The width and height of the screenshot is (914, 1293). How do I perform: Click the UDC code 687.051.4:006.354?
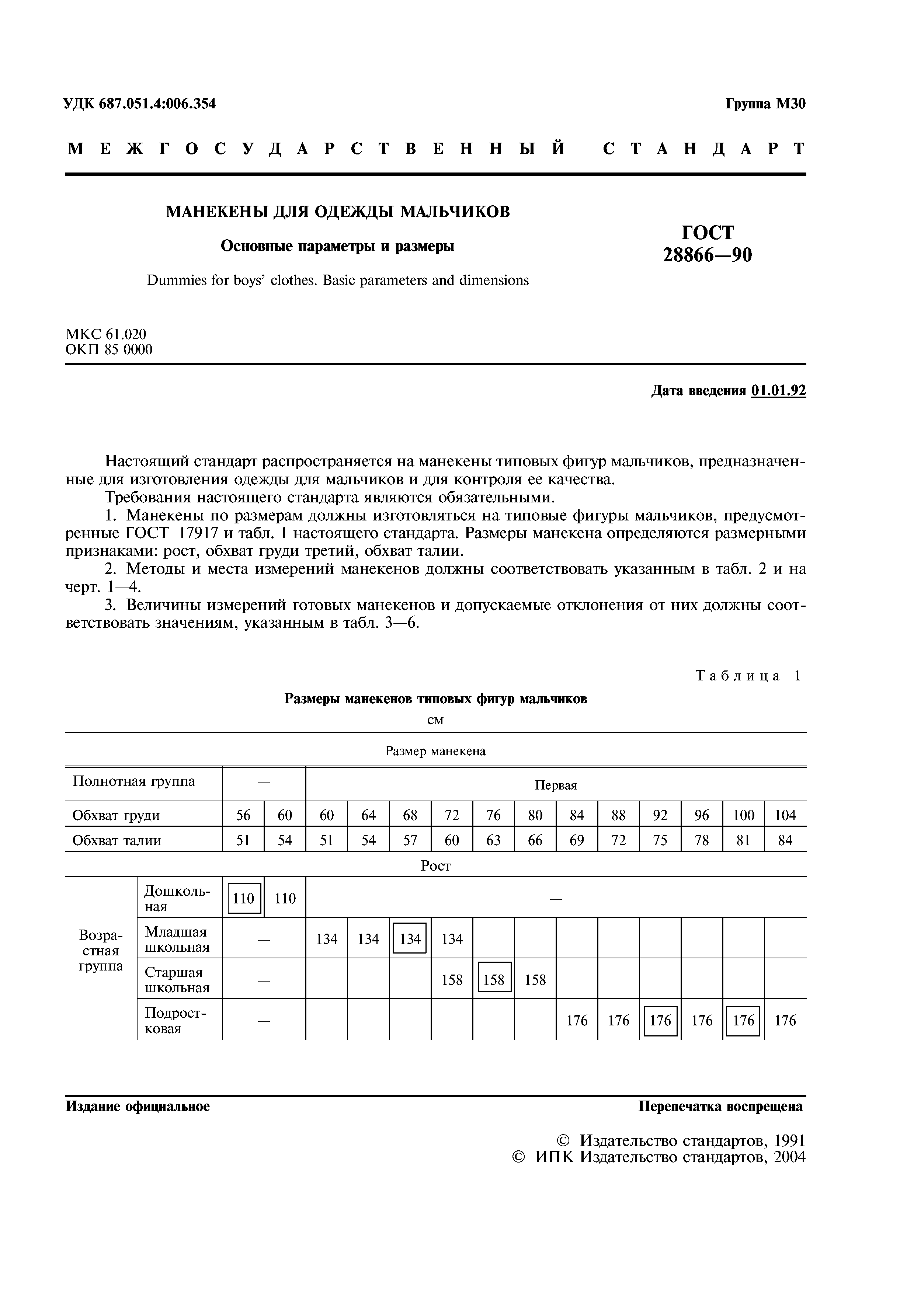coord(157,104)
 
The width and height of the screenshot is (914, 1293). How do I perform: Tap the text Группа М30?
coord(765,104)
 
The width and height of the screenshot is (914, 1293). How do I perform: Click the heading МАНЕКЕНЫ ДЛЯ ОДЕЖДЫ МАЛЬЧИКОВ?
coord(337,212)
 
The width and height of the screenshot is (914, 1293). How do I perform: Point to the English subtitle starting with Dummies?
coord(337,280)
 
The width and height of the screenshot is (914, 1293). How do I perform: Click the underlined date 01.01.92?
coord(778,391)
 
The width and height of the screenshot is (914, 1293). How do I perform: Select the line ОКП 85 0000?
coord(109,350)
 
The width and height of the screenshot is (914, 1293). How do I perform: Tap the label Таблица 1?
coord(748,676)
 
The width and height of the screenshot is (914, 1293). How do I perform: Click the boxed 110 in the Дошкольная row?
coord(244,898)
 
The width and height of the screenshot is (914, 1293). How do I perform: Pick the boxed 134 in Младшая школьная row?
coord(410,939)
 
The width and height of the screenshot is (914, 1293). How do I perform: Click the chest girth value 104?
coord(785,815)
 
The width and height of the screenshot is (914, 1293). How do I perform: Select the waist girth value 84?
coord(785,840)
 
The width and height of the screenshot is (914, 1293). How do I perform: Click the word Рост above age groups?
coord(435,865)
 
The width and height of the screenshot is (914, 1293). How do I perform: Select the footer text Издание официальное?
coord(138,1106)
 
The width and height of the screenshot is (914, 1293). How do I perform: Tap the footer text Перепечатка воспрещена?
coord(720,1106)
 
